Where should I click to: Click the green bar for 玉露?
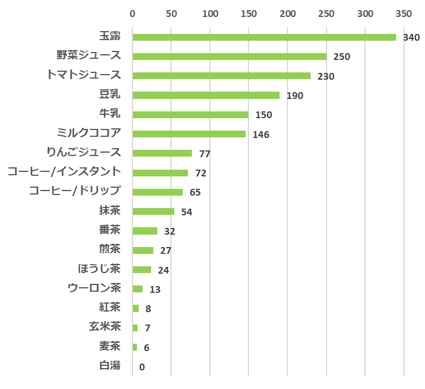(x=264, y=37)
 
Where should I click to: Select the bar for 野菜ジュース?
(x=229, y=57)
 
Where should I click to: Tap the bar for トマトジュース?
(x=221, y=76)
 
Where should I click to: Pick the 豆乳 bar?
(x=206, y=95)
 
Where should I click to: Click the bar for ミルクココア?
(x=189, y=134)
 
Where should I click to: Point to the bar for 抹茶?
(x=153, y=211)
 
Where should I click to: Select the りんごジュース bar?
(x=162, y=153)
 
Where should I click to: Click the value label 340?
(x=410, y=38)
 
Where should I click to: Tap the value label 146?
(x=261, y=135)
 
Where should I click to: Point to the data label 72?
(x=200, y=173)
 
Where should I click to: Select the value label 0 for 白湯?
(x=142, y=367)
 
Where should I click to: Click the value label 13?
(x=155, y=289)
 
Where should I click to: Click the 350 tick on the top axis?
(x=403, y=13)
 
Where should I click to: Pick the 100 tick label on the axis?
(x=210, y=13)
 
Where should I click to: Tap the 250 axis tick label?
(x=327, y=13)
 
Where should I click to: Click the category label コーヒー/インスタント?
(x=64, y=171)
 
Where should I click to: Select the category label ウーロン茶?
(x=94, y=288)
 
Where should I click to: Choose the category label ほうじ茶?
(x=99, y=268)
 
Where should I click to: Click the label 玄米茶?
(x=105, y=326)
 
